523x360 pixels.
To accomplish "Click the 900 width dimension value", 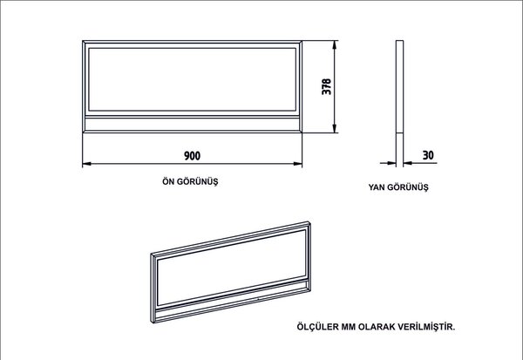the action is (x=193, y=155).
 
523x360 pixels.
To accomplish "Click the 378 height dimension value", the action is (x=327, y=87).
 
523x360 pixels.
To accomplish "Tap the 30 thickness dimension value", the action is (x=428, y=155).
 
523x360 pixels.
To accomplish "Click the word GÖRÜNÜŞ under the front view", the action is (x=197, y=182).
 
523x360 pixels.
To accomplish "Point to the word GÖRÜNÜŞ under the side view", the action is (x=408, y=187).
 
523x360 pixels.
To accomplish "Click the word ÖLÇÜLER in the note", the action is (x=317, y=327).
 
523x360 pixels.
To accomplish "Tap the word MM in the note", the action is (x=348, y=327).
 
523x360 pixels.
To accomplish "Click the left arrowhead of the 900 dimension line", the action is (x=86, y=164).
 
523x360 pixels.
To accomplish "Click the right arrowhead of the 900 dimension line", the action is (x=298, y=164).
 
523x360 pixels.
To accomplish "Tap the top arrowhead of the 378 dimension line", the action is (x=335, y=44).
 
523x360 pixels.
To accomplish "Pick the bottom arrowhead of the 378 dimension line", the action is (x=335, y=128).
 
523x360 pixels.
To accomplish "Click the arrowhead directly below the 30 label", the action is (x=408, y=163).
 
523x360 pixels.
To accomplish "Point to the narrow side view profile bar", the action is (x=399, y=104).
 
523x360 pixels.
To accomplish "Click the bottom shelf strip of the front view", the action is (x=192, y=124).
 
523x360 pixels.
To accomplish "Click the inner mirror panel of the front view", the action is (x=192, y=79).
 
